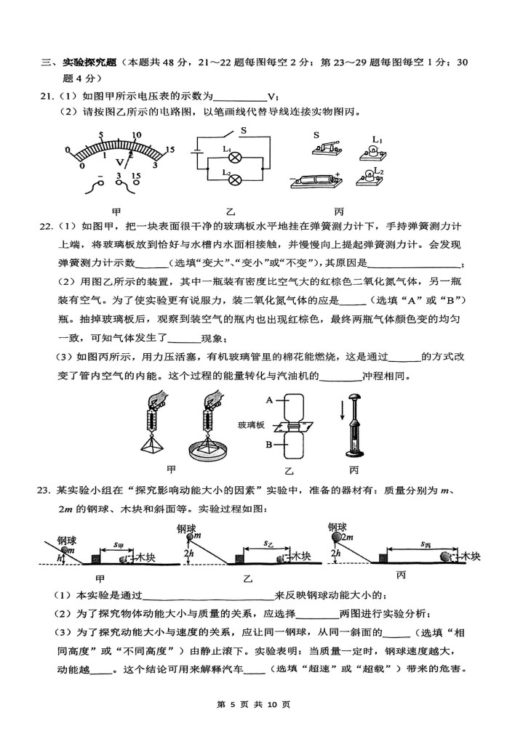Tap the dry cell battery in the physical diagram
pyautogui.click(x=316, y=180)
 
